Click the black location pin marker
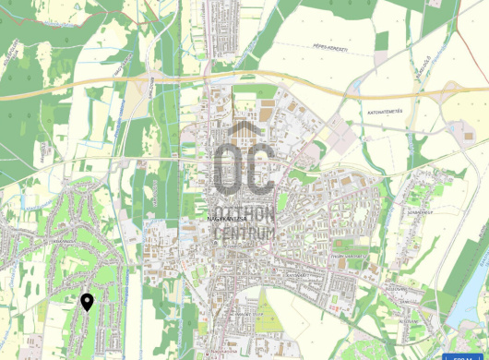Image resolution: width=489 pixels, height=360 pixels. (x=87, y=302)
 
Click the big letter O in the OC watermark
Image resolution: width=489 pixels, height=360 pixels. (x=228, y=168)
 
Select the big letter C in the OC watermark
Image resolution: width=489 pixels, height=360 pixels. (x=259, y=168)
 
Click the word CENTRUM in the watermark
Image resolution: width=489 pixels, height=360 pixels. (x=244, y=234)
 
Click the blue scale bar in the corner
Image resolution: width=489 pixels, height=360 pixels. (x=464, y=355)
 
